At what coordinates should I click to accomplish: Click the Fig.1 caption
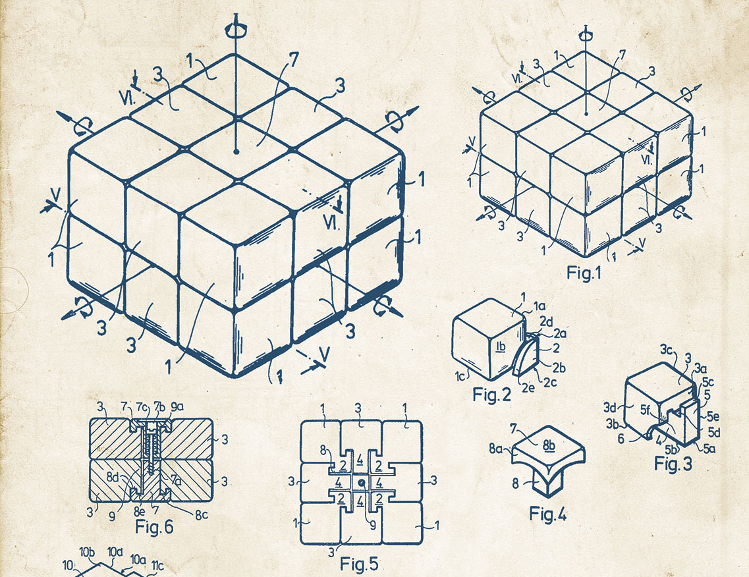(x=583, y=273)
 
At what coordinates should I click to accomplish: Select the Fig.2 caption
(x=491, y=395)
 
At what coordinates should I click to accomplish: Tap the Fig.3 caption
(x=673, y=463)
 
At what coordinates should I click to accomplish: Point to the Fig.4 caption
(x=548, y=514)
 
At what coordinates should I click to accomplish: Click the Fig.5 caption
(x=359, y=564)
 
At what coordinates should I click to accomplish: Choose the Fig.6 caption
(x=154, y=526)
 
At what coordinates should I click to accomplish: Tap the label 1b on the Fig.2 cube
(x=501, y=346)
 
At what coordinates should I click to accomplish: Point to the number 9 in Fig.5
(x=372, y=525)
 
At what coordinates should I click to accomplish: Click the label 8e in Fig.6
(x=139, y=512)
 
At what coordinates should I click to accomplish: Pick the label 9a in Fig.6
(x=177, y=406)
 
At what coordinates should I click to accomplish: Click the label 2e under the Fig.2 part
(x=528, y=387)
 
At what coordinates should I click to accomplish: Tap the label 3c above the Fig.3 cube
(x=667, y=350)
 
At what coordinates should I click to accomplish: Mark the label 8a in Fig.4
(x=495, y=449)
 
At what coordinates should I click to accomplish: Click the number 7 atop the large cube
(x=292, y=60)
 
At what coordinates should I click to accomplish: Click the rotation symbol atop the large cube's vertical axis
(x=236, y=30)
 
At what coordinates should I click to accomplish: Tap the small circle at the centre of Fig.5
(x=362, y=483)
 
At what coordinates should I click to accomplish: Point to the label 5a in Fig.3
(x=709, y=448)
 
